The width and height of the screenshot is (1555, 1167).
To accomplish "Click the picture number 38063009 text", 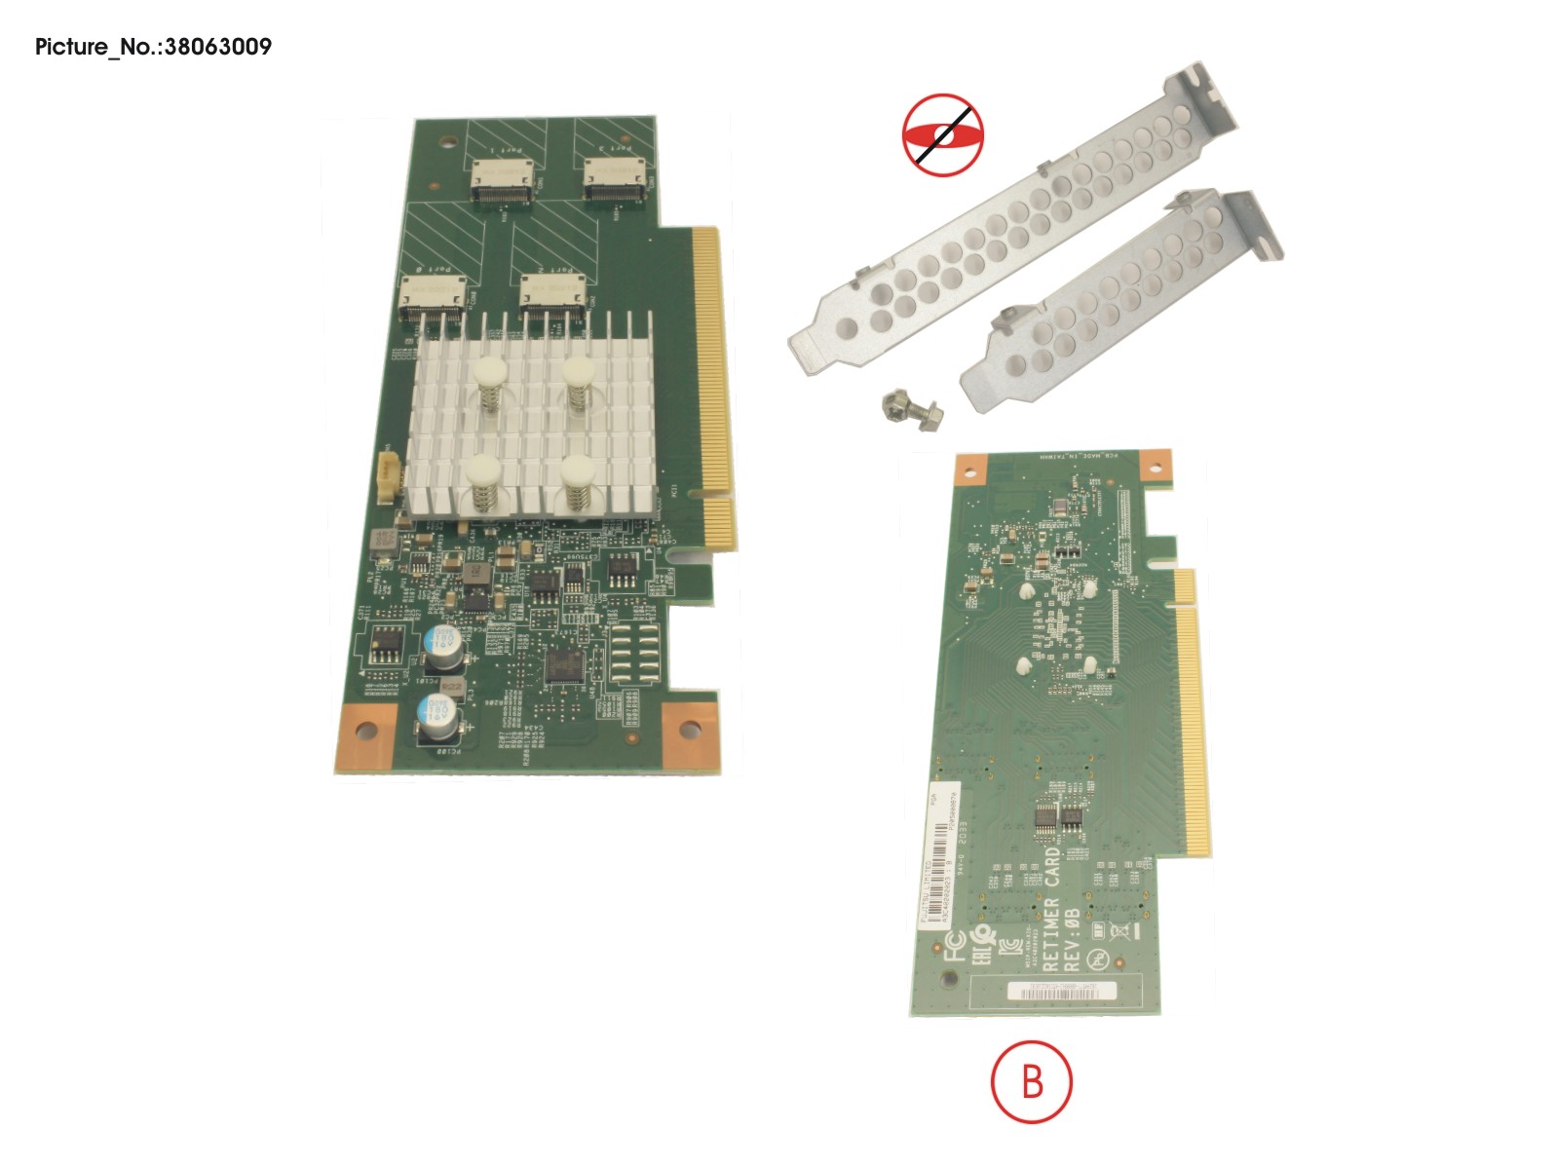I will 153,47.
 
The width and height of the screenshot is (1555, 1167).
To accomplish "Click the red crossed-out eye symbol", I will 942,135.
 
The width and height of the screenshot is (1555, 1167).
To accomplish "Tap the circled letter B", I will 1031,1081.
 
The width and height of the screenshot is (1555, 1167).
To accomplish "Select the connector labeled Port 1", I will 503,181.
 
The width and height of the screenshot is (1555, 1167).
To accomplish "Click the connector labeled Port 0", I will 431,297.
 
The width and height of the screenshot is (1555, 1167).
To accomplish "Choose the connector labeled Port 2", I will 551,297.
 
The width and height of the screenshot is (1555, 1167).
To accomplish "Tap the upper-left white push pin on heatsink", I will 487,372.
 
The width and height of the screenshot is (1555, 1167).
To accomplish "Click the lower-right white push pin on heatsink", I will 578,471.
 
